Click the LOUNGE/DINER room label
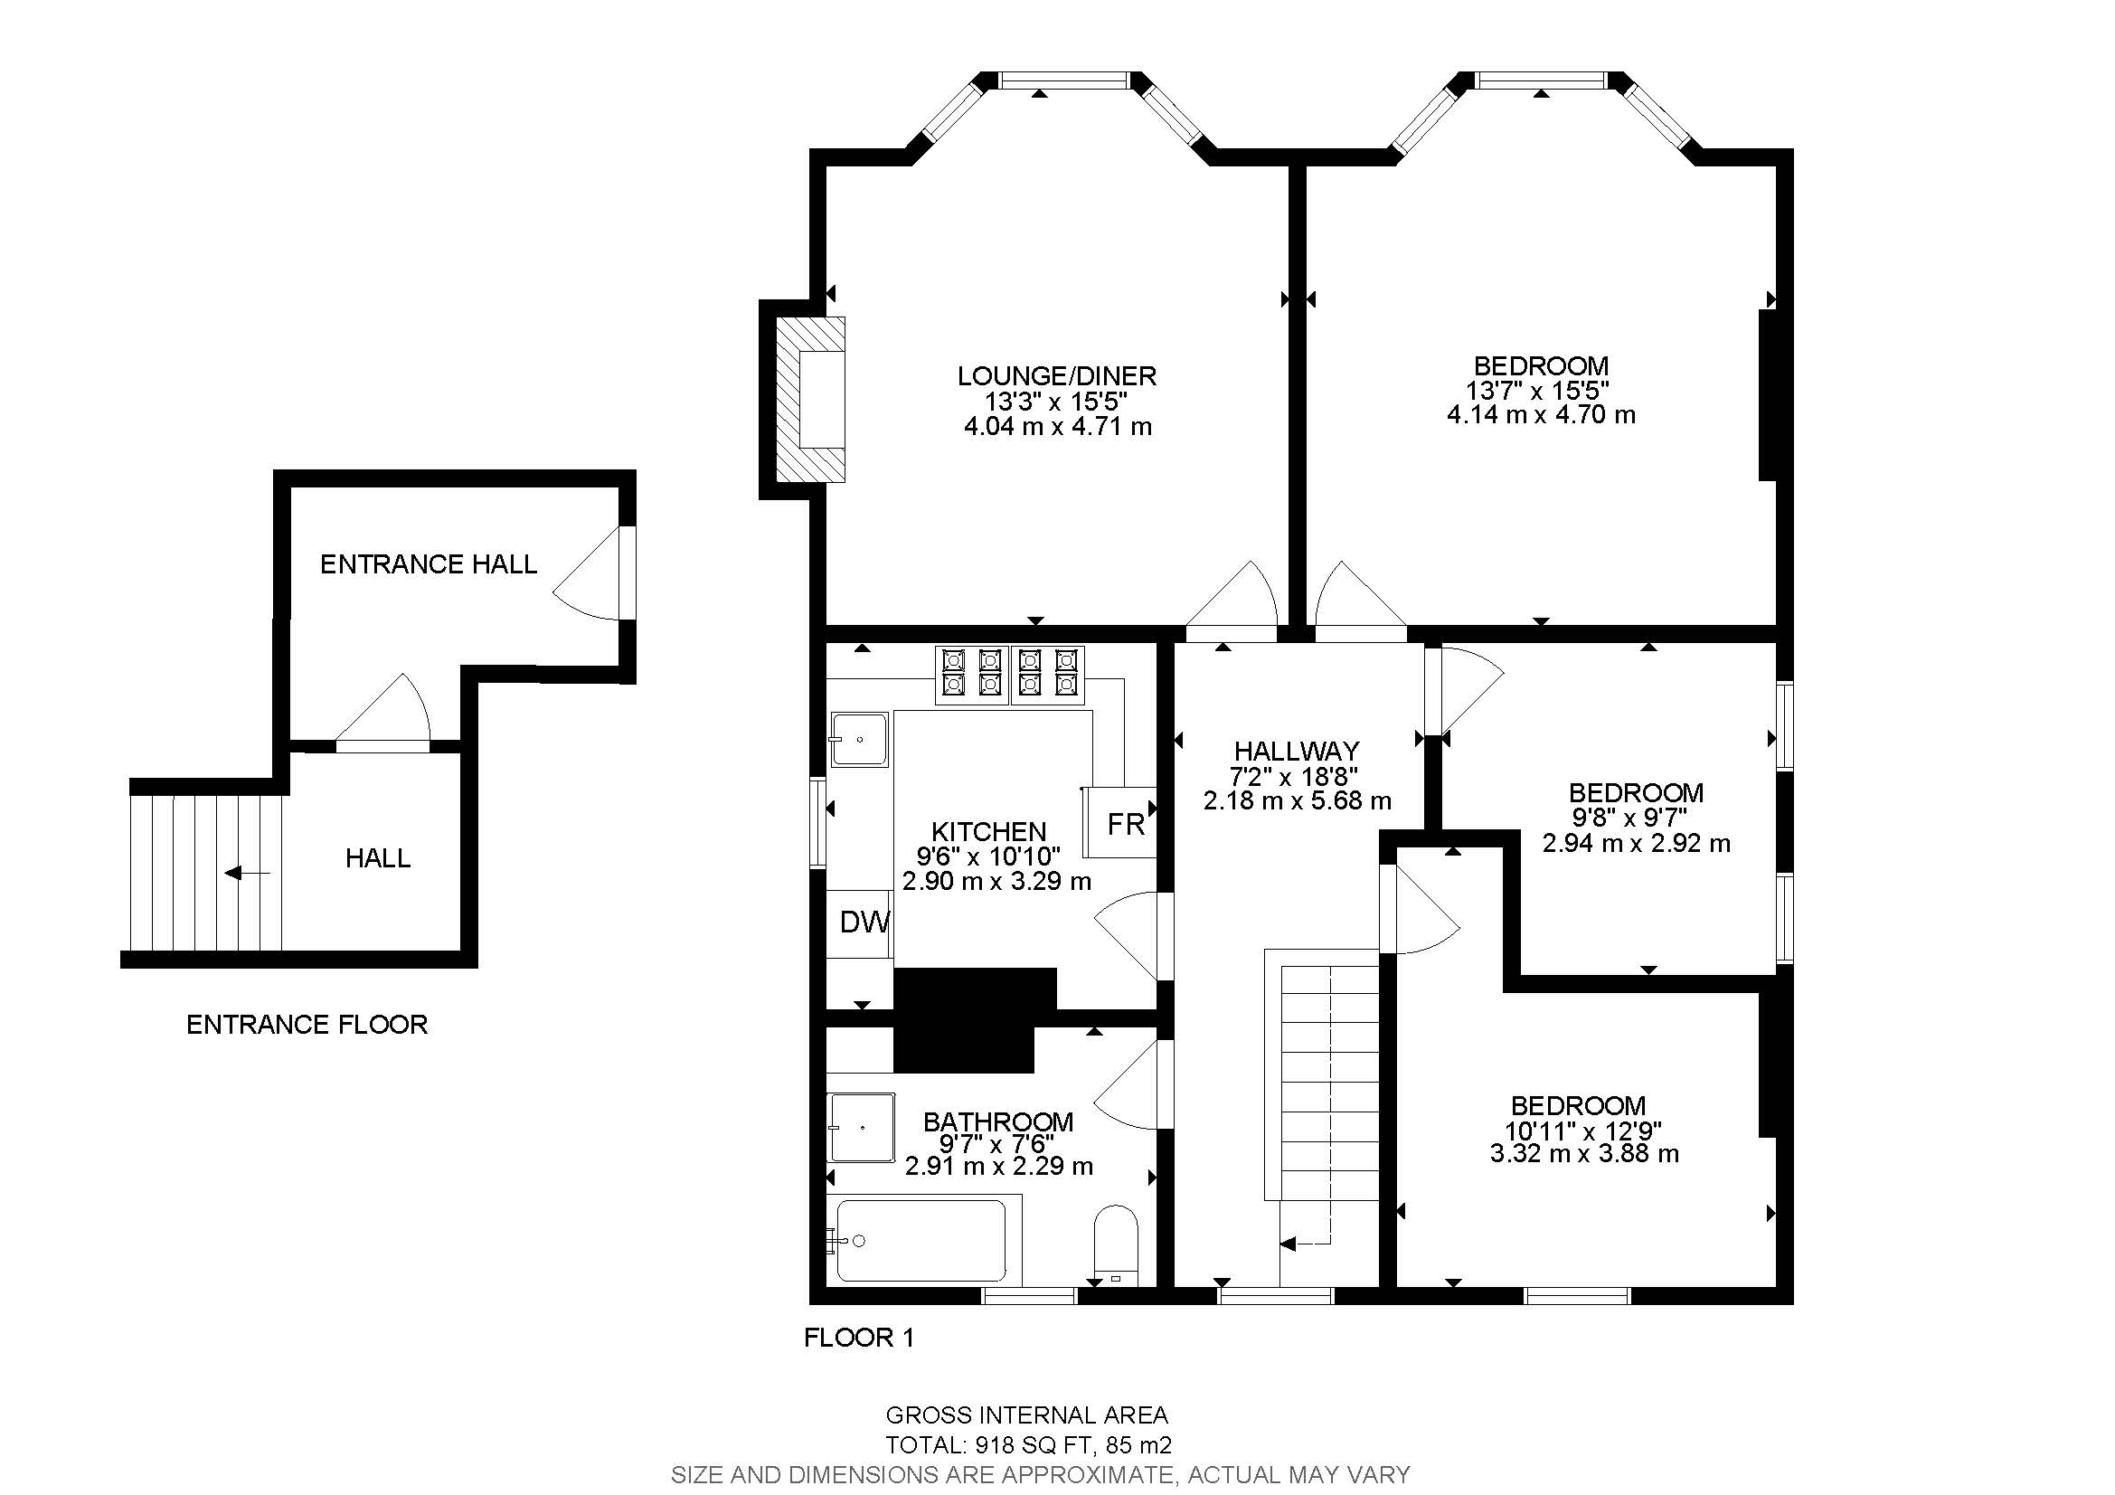pos(1056,376)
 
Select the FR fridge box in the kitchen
pos(1124,823)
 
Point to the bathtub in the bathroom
pos(921,1241)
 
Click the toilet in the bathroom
pos(1117,1244)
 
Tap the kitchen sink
pos(858,739)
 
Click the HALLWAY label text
pos(1296,751)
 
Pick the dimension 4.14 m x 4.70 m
pos(1540,415)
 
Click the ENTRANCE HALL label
pos(429,563)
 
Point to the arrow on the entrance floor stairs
pos(246,873)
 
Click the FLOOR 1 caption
pos(858,1338)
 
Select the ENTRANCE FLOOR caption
pos(307,1025)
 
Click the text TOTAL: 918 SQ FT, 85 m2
pos(1028,1444)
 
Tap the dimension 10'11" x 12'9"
pos(1583,1131)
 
